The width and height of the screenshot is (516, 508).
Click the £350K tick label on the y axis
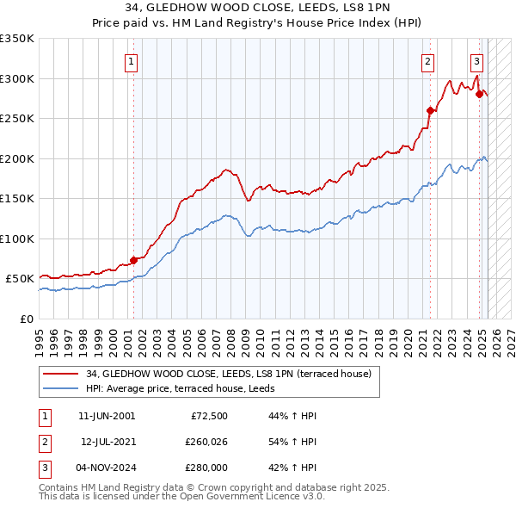click(17, 39)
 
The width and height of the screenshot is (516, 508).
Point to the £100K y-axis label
click(17, 239)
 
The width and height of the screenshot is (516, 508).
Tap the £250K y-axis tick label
click(17, 119)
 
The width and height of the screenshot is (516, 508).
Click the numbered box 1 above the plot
click(132, 61)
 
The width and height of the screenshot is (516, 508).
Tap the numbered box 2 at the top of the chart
click(427, 61)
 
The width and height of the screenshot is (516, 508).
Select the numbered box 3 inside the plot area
click(476, 61)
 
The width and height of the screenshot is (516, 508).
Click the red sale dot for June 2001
click(133, 260)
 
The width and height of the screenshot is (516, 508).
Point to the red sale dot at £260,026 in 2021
click(430, 110)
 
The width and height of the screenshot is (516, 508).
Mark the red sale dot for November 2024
click(479, 95)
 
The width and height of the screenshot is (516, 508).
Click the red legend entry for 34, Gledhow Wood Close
click(228, 374)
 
